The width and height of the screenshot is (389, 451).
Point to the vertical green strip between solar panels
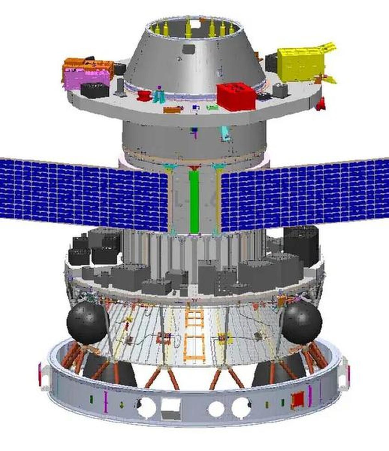(194, 201)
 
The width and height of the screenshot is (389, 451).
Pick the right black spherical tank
(302, 321)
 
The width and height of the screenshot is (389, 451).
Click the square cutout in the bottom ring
(171, 406)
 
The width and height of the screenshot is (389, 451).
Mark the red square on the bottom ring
(298, 398)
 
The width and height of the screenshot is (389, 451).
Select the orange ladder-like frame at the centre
(194, 334)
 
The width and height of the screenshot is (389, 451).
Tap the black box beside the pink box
(94, 90)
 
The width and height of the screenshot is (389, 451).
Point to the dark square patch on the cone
(189, 49)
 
